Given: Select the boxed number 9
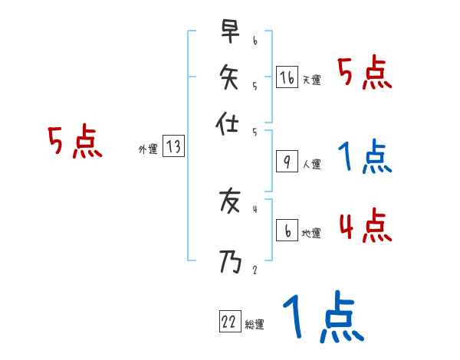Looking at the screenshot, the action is [287, 162].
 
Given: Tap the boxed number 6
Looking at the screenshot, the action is [287, 231].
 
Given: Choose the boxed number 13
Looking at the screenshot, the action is [174, 147].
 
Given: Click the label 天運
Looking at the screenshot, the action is [312, 80].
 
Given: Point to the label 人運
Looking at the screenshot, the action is [312, 164].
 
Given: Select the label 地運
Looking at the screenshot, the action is [312, 234].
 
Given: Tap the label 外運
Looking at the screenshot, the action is [148, 149].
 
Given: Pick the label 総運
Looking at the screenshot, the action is [255, 325].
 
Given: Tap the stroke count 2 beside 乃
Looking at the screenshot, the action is [255, 270].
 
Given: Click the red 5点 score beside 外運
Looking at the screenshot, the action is [75, 143].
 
